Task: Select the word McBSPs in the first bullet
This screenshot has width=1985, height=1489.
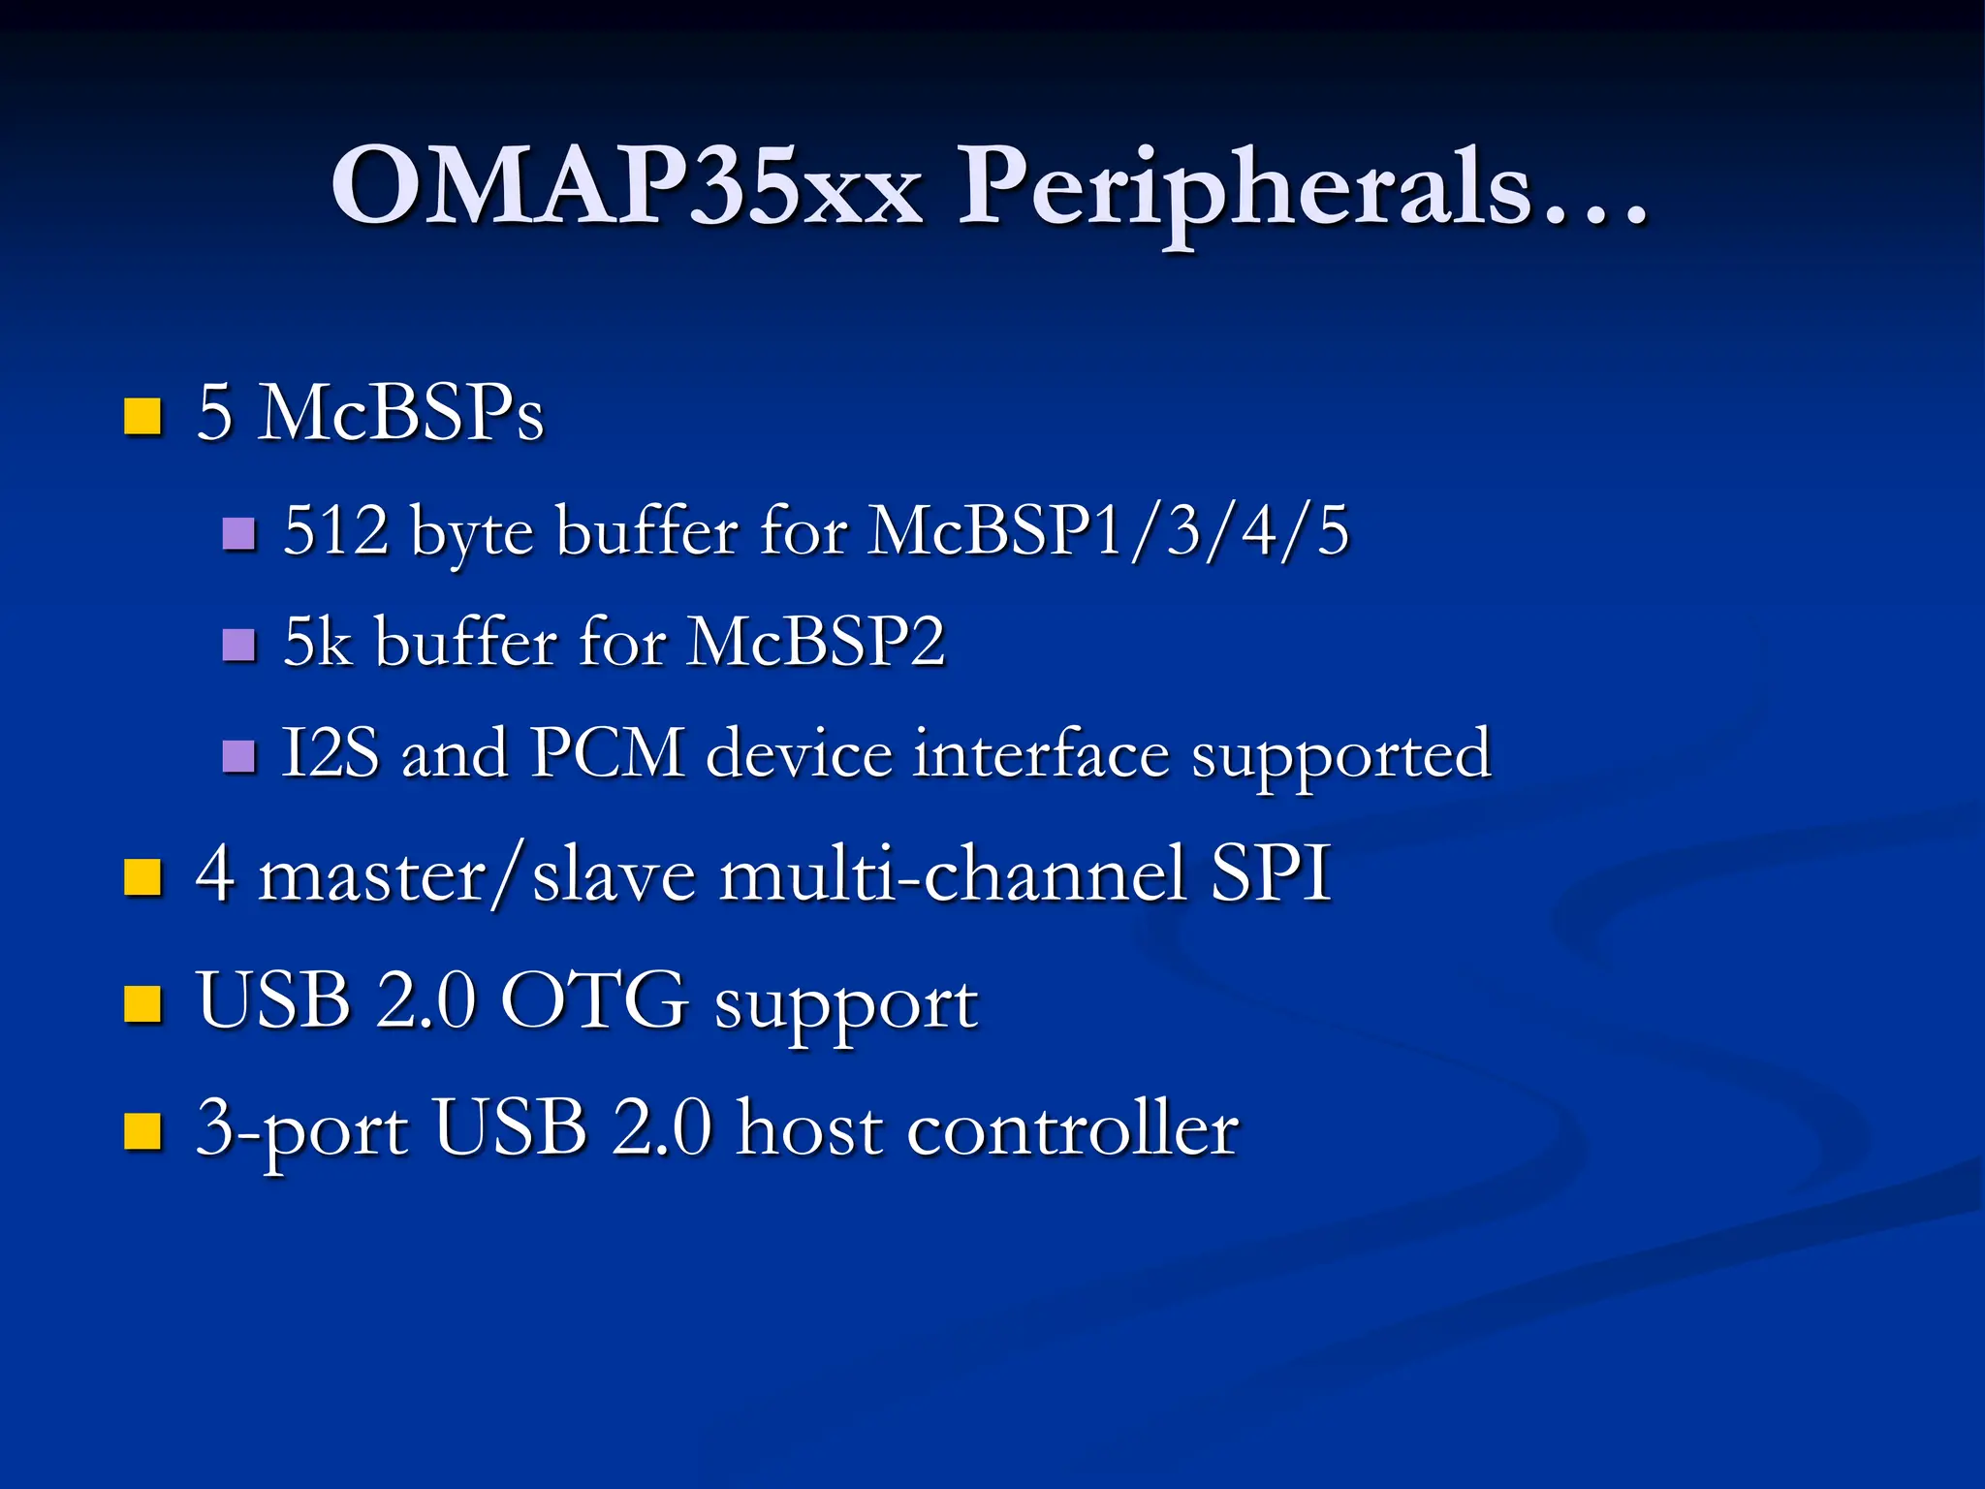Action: click(x=400, y=413)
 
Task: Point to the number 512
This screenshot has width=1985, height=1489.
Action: click(x=335, y=530)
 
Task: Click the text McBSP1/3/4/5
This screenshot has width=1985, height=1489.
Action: click(x=1108, y=530)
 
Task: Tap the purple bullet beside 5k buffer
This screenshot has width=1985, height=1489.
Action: click(x=238, y=645)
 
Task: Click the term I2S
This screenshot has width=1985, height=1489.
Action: click(x=330, y=753)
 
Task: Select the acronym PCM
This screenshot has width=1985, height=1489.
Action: click(x=608, y=753)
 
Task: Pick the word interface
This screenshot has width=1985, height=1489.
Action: click(x=1041, y=753)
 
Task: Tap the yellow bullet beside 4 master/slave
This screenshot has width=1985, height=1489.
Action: click(x=142, y=877)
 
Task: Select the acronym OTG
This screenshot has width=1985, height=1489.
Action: click(x=593, y=1000)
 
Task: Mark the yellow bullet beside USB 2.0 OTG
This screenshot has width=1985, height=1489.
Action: click(x=142, y=1004)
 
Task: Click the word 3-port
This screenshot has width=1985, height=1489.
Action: click(x=301, y=1129)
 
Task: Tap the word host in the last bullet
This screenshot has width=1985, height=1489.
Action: click(x=809, y=1127)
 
